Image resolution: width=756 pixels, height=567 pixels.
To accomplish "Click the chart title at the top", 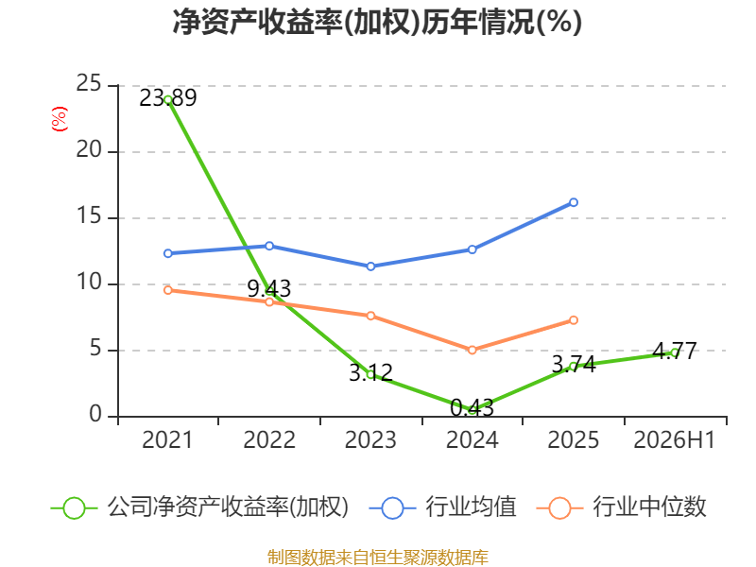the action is tap(377, 22).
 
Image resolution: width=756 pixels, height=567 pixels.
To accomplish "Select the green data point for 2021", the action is tap(168, 100).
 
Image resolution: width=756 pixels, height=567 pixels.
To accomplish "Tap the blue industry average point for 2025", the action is tap(574, 202).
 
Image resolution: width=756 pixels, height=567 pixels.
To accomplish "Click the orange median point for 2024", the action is tap(472, 350).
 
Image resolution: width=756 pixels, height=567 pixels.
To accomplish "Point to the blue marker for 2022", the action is tap(269, 246).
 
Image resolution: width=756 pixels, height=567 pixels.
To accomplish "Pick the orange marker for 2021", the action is tap(168, 290).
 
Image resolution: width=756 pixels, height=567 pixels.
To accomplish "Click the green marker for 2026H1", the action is tap(675, 352).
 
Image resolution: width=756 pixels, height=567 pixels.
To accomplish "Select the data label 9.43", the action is tap(269, 289).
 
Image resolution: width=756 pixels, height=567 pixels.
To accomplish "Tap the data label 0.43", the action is tap(472, 408).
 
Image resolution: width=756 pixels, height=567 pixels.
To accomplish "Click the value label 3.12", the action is tap(370, 372).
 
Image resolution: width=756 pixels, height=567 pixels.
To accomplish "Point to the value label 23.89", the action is tap(168, 98).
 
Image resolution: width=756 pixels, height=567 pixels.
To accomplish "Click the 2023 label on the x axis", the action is tap(370, 439).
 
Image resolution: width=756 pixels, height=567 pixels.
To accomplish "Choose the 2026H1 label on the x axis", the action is tap(674, 439).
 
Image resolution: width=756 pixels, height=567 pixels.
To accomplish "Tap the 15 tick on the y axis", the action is tap(89, 216).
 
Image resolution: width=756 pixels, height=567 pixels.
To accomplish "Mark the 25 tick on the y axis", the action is tap(89, 84).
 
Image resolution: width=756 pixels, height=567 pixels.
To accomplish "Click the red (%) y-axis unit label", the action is tap(60, 119).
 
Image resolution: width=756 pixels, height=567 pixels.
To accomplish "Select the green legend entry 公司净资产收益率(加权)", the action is tap(199, 507).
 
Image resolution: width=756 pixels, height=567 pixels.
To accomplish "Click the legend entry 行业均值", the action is tap(442, 507).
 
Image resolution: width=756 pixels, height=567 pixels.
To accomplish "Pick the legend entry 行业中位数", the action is tap(621, 507).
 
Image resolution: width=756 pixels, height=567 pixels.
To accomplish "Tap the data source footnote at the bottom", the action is tap(378, 558).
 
